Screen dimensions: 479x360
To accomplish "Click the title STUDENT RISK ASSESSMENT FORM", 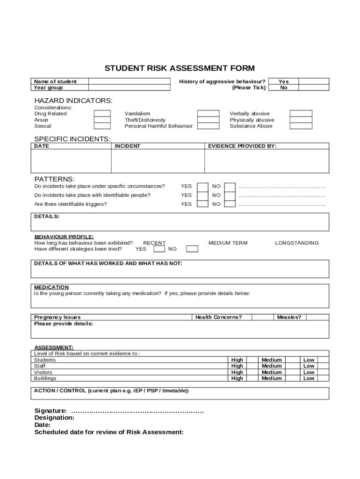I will click(180, 68).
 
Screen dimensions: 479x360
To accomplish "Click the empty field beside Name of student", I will click(130, 81).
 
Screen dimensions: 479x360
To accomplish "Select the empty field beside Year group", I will click(130, 87).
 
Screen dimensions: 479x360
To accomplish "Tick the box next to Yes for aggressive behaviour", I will click(313, 81).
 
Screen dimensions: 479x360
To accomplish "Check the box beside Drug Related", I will click(102, 114).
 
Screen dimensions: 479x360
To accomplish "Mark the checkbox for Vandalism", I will click(208, 114).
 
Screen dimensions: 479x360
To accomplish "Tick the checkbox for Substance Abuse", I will click(301, 126).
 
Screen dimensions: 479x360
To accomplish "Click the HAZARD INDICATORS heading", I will click(73, 101).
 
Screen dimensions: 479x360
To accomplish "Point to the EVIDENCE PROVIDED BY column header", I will click(242, 146).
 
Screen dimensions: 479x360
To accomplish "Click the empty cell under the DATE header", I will click(71, 161).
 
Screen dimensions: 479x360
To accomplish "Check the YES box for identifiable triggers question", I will click(202, 204).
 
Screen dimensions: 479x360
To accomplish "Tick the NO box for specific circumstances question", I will click(230, 187).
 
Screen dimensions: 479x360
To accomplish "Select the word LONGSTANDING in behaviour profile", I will click(297, 243).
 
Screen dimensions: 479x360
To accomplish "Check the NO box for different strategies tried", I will click(192, 249).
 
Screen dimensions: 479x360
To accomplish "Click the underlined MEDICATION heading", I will click(51, 287).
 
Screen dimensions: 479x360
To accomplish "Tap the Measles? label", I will click(289, 317).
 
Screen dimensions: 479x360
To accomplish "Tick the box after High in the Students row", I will click(252, 360).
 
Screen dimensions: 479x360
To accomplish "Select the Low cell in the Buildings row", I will click(309, 378).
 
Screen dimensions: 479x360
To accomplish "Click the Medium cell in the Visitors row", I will click(272, 372).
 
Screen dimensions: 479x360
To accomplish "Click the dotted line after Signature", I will click(137, 411).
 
